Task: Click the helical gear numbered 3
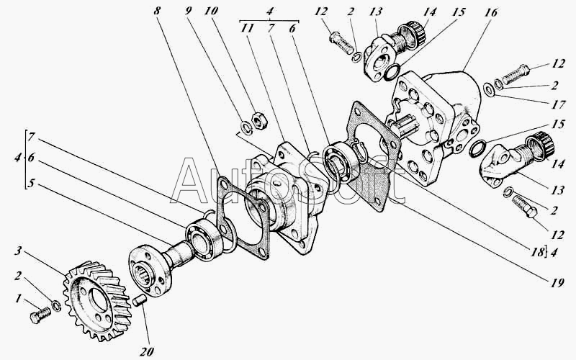click(x=97, y=300)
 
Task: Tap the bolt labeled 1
click(x=40, y=315)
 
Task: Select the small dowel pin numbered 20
click(x=139, y=300)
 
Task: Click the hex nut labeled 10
click(x=260, y=121)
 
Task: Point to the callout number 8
click(x=157, y=11)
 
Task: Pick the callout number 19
click(x=557, y=282)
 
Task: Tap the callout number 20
click(x=146, y=351)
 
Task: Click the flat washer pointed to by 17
click(x=489, y=89)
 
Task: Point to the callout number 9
click(x=188, y=11)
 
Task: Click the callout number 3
click(x=19, y=251)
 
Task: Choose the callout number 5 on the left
click(x=31, y=183)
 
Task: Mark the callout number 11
click(x=247, y=28)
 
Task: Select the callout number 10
click(x=211, y=11)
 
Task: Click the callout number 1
click(x=18, y=300)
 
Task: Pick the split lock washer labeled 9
click(x=245, y=127)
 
